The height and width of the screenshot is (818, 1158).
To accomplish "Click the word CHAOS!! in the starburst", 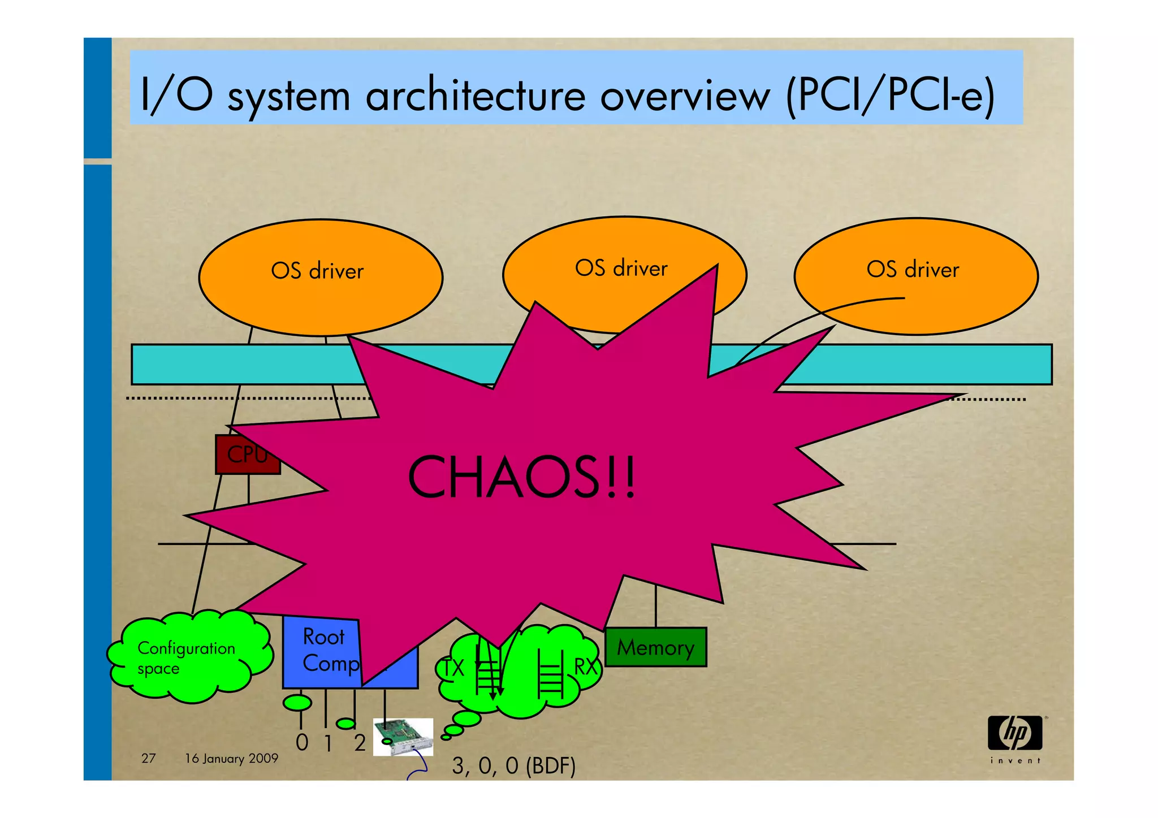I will [x=521, y=478].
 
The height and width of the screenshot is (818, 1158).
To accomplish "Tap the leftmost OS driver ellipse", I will [x=320, y=277].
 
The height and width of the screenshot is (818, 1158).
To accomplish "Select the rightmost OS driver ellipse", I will [x=915, y=276].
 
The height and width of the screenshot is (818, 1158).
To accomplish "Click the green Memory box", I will [x=655, y=647].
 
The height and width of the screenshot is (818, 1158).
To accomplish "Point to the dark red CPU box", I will [x=247, y=454].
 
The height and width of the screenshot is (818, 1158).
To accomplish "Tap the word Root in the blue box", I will [x=323, y=637].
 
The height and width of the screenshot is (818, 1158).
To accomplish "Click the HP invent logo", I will [x=1015, y=738].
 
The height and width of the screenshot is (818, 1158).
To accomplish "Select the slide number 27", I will [x=148, y=758].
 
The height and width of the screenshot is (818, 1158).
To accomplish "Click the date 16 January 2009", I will [x=231, y=758].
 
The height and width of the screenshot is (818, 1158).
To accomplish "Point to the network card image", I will [x=403, y=737].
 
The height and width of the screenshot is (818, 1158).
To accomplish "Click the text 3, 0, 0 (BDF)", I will [x=513, y=765].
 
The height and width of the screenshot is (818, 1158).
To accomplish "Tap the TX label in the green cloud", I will [x=453, y=668].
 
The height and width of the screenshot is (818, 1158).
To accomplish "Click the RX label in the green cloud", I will [x=586, y=666].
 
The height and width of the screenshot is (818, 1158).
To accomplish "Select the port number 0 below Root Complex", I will [x=303, y=742].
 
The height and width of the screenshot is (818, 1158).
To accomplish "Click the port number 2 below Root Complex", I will [x=360, y=743].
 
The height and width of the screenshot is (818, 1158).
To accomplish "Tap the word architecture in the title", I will [x=476, y=96].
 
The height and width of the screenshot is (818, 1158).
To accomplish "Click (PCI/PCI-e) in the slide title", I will [x=890, y=96].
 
